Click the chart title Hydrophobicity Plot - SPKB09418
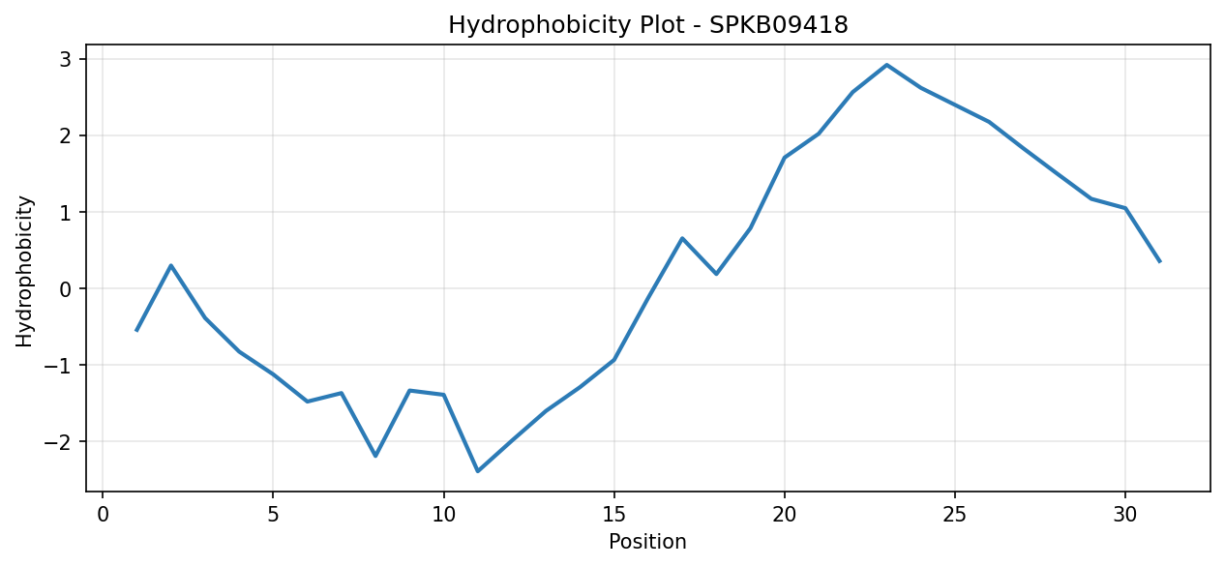coord(648,25)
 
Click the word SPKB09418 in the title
coord(779,25)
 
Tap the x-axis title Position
coord(647,541)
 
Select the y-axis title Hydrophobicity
coord(24,272)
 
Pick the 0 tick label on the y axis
coord(66,288)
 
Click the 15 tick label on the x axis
coord(614,515)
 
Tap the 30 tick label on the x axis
coord(1125,515)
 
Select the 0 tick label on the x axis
coord(103,515)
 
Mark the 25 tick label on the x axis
coord(955,515)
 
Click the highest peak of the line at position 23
coord(886,65)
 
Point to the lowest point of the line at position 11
coord(477,471)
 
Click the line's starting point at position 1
coord(136,330)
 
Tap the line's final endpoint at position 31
coord(1159,262)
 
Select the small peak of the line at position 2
coord(171,266)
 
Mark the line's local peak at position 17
coord(682,238)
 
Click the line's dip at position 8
coord(375,456)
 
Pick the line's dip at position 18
coord(716,274)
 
